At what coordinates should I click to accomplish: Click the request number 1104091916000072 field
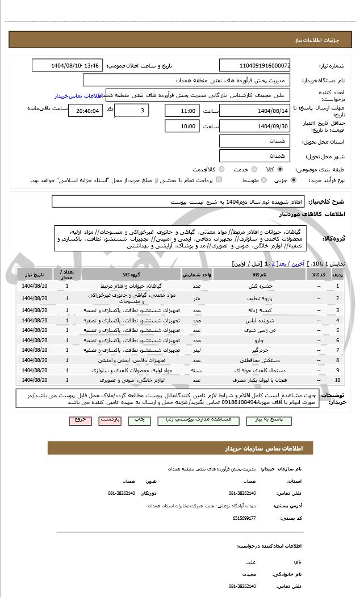[x=254, y=66]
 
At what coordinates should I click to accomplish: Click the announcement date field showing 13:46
[x=68, y=66]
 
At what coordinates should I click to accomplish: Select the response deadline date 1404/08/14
[x=254, y=111]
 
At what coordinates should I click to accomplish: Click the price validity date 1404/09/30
[x=254, y=126]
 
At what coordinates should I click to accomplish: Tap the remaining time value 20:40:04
[x=86, y=111]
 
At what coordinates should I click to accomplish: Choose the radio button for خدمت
[x=254, y=169]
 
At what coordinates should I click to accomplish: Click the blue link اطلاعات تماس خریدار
[x=73, y=96]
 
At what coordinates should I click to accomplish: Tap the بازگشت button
[x=110, y=420]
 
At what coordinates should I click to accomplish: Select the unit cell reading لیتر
[x=197, y=350]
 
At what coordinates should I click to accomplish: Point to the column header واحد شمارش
[x=197, y=274]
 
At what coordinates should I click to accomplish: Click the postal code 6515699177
[x=244, y=518]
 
